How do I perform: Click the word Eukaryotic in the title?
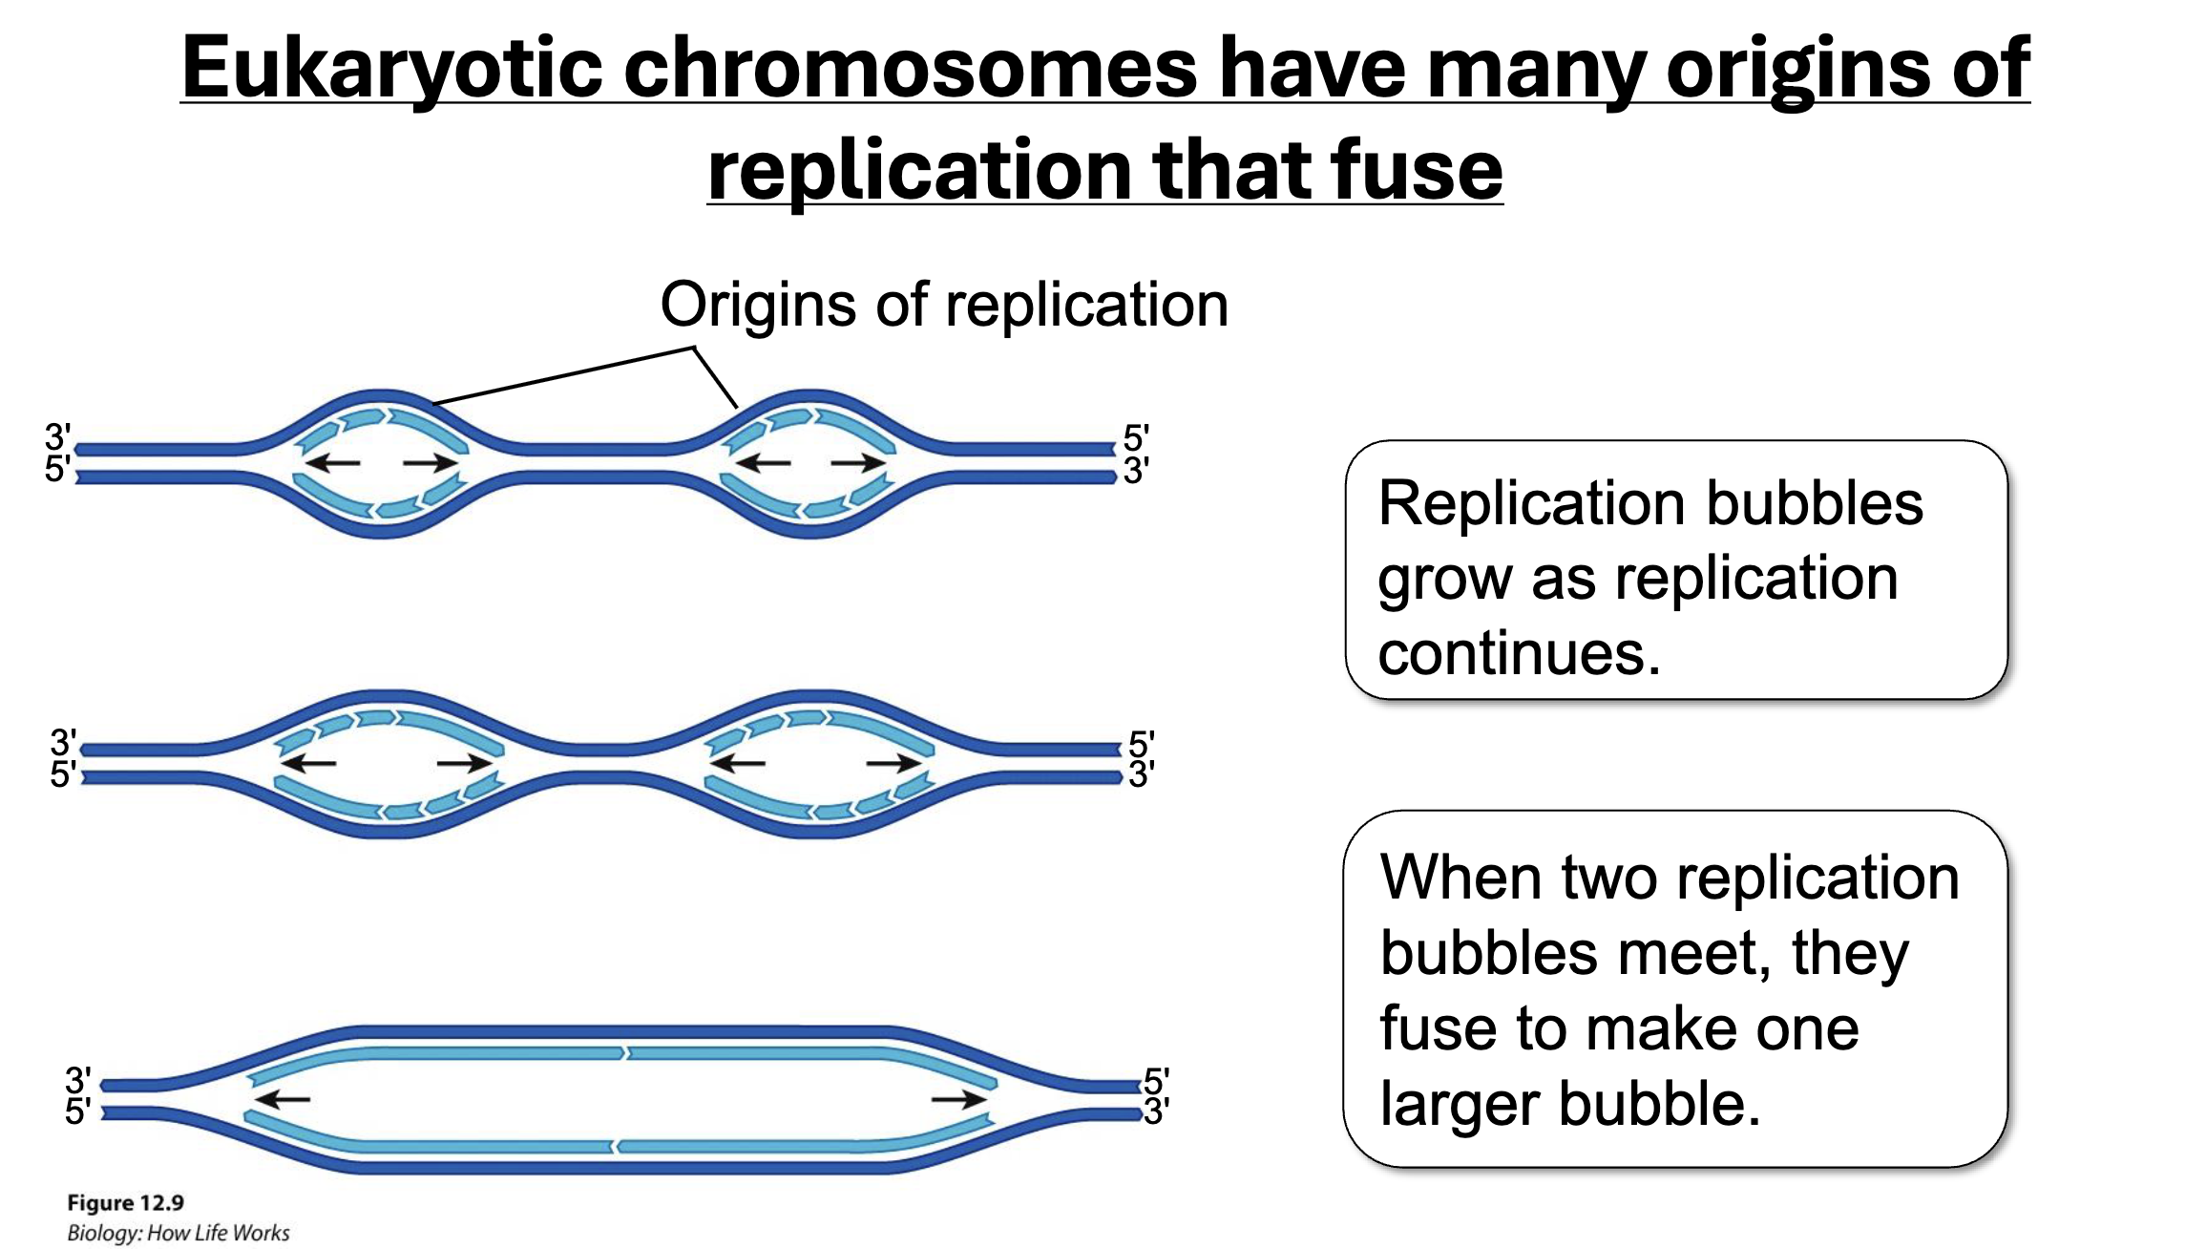point(391,69)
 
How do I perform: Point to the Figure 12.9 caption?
point(125,1202)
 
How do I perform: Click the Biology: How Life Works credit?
point(178,1233)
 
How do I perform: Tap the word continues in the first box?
point(1519,654)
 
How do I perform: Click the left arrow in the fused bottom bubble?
point(283,1099)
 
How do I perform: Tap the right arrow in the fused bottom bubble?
point(958,1099)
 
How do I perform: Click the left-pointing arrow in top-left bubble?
point(331,463)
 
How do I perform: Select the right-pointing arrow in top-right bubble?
point(858,463)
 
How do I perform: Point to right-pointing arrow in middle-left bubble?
point(465,763)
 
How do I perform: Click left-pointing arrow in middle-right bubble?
point(737,763)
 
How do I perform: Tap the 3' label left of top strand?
point(57,437)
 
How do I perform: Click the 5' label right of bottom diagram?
point(1155,1081)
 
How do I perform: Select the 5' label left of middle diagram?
point(63,774)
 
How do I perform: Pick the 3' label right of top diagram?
point(1136,471)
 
